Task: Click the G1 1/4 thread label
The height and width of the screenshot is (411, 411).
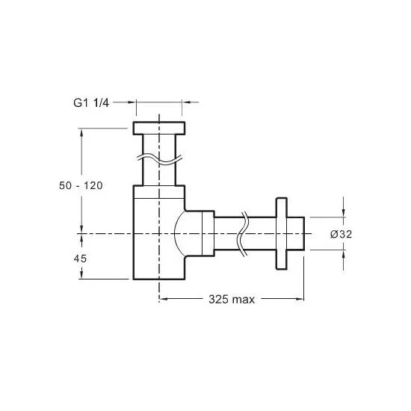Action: click(x=91, y=103)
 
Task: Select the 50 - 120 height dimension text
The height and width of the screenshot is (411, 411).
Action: click(x=81, y=185)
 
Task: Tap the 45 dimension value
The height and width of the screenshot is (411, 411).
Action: click(x=80, y=259)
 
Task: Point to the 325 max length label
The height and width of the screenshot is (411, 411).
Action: click(x=232, y=300)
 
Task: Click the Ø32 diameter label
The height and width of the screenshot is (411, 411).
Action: click(x=341, y=234)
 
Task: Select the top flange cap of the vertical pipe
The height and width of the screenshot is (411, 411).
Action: click(x=159, y=129)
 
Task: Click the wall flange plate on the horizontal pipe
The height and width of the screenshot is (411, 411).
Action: click(x=282, y=234)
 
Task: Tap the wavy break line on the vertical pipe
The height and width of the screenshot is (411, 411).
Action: click(x=159, y=159)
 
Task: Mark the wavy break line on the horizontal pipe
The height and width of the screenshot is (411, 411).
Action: click(x=242, y=234)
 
